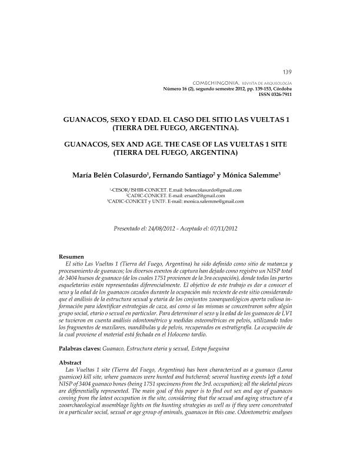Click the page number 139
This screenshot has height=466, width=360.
pyautogui.click(x=288, y=71)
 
